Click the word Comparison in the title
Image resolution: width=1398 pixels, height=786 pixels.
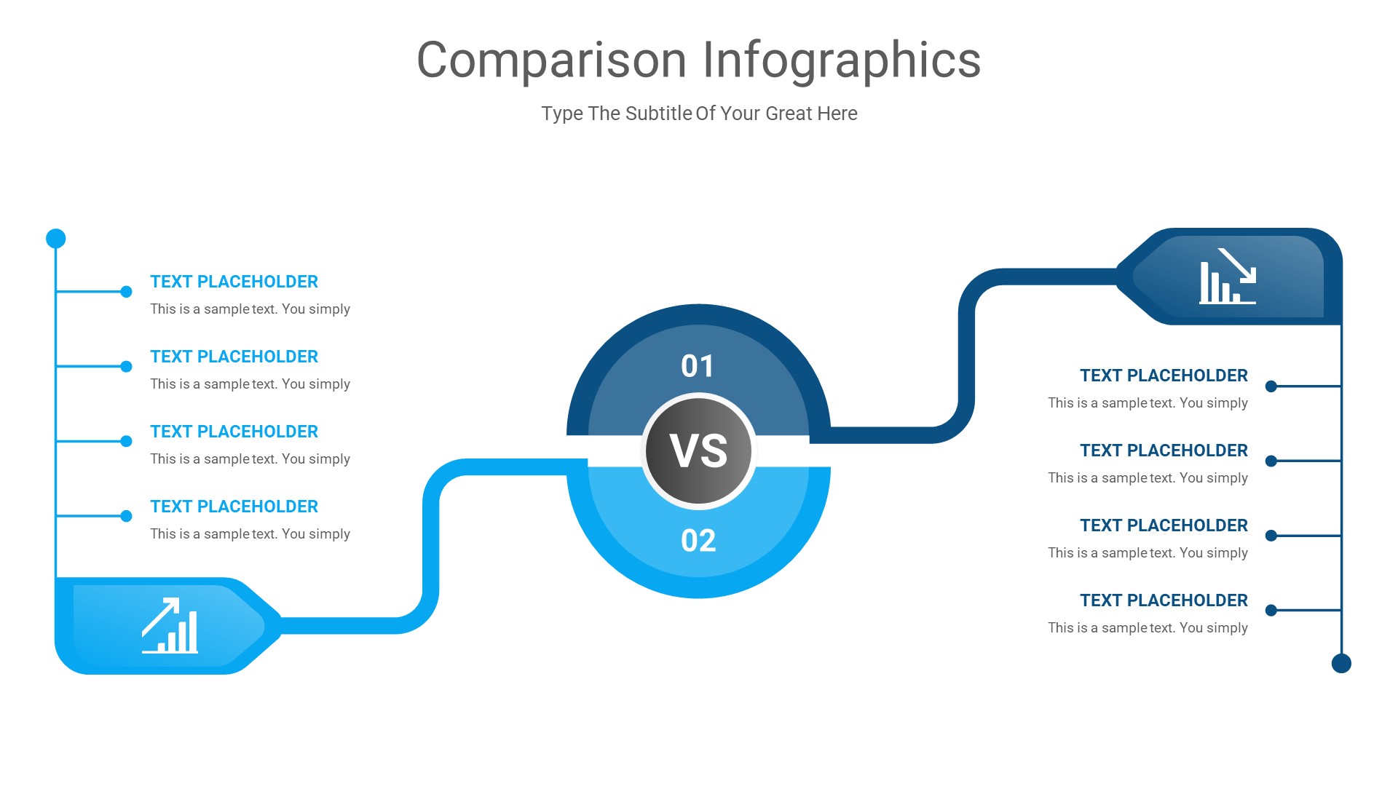pos(551,60)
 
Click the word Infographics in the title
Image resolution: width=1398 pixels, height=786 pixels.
pos(842,60)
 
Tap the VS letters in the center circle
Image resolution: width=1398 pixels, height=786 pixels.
pos(698,451)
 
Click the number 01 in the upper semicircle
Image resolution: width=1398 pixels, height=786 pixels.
pos(698,366)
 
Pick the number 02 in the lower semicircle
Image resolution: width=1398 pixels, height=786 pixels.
pos(698,541)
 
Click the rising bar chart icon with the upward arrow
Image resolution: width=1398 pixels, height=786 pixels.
pos(170,626)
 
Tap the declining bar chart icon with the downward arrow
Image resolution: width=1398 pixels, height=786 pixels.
pos(1228,277)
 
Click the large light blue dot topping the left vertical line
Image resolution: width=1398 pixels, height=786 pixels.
pos(56,239)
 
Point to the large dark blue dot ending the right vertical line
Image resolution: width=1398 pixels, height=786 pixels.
pos(1341,663)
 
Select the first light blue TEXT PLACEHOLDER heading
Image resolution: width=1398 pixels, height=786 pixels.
pos(234,282)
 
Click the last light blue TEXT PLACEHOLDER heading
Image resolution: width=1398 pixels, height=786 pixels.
pos(234,507)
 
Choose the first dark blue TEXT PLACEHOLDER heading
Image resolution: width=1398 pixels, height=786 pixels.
pos(1164,376)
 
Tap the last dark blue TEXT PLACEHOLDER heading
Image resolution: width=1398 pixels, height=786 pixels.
pos(1164,600)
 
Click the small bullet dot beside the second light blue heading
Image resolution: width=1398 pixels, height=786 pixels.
pos(126,367)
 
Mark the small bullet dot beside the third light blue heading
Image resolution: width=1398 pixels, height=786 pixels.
pos(126,441)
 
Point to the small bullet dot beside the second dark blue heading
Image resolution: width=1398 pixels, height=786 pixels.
pos(1271,461)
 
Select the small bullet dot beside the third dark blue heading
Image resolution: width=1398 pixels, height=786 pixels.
pos(1271,536)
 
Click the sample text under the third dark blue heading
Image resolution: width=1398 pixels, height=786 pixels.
pos(1148,553)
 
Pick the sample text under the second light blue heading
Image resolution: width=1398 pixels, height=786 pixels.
pos(250,384)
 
